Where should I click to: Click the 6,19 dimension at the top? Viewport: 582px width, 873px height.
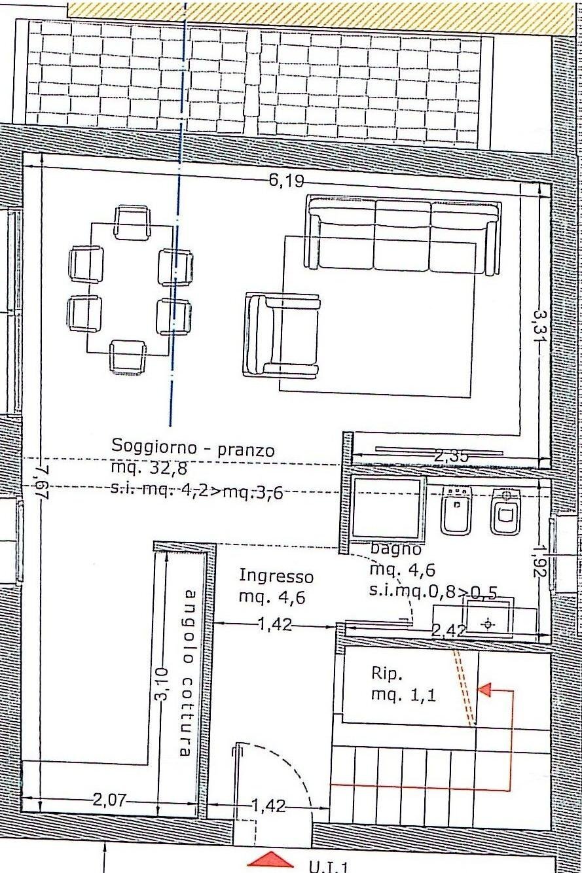[x=285, y=181]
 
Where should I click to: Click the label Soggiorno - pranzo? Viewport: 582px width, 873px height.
[x=193, y=448]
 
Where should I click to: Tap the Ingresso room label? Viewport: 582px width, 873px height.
[x=276, y=577]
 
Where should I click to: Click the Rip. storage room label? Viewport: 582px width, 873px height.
[x=384, y=673]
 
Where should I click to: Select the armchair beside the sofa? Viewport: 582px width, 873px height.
[x=282, y=336]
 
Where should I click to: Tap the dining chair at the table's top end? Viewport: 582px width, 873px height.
[x=133, y=222]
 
